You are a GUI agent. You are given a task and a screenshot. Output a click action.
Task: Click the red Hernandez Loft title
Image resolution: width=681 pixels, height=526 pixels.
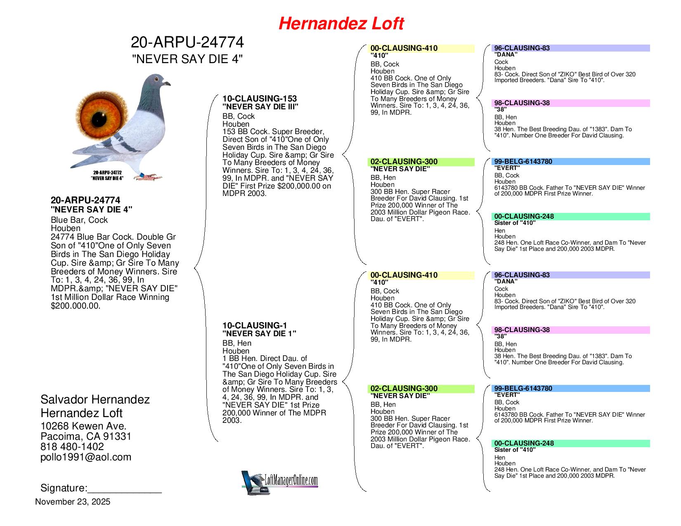[x=341, y=24]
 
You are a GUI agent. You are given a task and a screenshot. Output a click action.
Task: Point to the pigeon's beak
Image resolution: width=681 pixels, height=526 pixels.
[x=167, y=84]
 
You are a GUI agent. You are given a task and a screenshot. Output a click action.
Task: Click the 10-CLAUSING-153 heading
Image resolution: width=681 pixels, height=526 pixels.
[x=260, y=99]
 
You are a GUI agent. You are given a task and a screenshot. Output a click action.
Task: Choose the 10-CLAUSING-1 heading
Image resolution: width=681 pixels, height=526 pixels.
[x=255, y=326]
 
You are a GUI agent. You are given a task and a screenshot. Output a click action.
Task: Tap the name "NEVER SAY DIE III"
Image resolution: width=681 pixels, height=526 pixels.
[x=260, y=107]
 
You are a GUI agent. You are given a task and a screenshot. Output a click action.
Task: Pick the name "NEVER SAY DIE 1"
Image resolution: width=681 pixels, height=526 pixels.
[x=259, y=334]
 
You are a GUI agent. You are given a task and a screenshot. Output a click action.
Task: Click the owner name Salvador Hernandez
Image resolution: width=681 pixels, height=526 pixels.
[x=95, y=399]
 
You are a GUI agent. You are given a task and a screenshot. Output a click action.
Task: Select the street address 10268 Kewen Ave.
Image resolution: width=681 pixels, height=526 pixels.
[x=83, y=426]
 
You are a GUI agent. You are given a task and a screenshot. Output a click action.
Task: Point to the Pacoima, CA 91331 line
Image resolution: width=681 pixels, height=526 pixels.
[x=86, y=436]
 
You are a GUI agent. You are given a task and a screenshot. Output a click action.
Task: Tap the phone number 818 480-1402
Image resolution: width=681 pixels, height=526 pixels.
[x=72, y=447]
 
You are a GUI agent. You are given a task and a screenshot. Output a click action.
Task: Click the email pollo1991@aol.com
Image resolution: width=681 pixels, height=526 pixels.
[x=86, y=457]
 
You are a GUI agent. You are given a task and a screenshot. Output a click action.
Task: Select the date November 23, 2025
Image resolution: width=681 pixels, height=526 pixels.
[x=73, y=502]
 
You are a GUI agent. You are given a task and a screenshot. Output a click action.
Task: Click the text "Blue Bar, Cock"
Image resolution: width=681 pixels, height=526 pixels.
[x=79, y=220]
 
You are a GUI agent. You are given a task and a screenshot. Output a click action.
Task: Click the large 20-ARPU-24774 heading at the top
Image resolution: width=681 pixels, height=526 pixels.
[x=187, y=42]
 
